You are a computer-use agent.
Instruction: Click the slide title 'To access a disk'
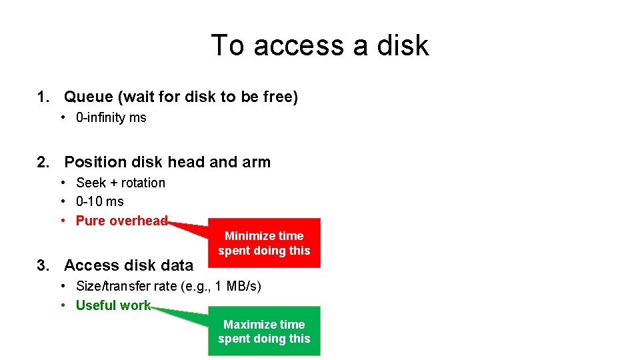(320, 45)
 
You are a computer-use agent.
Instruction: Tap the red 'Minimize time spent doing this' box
(264, 243)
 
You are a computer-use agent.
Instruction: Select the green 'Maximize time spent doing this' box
(264, 331)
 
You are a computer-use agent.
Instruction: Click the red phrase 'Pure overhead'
(121, 221)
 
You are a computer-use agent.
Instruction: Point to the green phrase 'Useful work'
(113, 305)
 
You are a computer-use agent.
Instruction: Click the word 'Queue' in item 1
(89, 97)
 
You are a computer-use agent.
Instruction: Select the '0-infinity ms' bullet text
(111, 118)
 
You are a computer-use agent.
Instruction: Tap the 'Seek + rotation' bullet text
(121, 183)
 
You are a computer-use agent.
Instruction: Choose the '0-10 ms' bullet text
(100, 201)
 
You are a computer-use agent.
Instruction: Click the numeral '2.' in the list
(44, 162)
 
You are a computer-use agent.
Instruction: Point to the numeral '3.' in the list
(44, 265)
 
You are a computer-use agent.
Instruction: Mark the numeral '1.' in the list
(44, 97)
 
